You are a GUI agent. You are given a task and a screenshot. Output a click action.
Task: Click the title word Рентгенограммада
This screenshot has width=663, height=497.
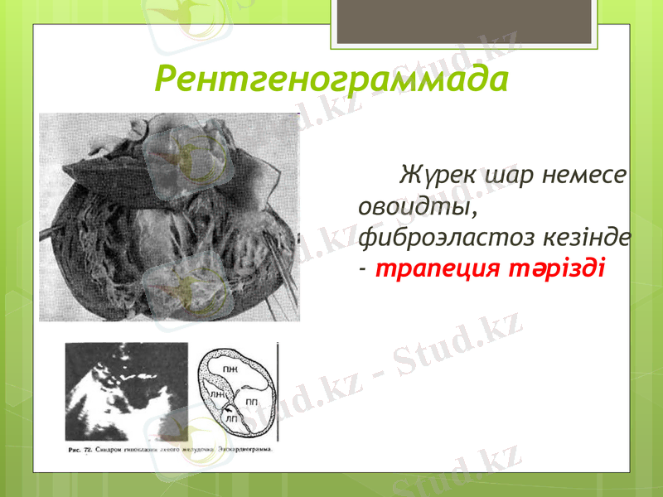point(331,80)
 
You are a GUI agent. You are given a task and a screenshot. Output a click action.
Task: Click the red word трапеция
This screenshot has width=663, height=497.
point(436,269)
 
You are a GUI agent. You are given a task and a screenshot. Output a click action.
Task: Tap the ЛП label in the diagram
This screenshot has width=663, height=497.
point(233,421)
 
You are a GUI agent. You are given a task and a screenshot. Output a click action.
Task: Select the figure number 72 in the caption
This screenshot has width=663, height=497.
point(88,451)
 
